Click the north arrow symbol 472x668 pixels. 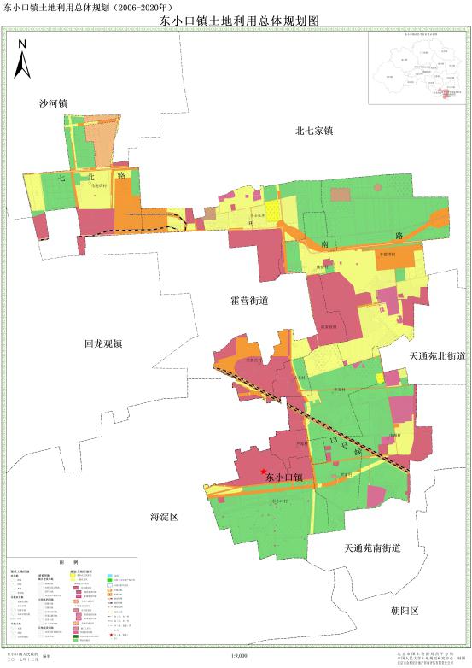22,58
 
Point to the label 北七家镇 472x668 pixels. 313,131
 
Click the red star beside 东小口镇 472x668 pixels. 261,472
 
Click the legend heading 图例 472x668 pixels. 69,563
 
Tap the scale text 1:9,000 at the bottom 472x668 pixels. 239,655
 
